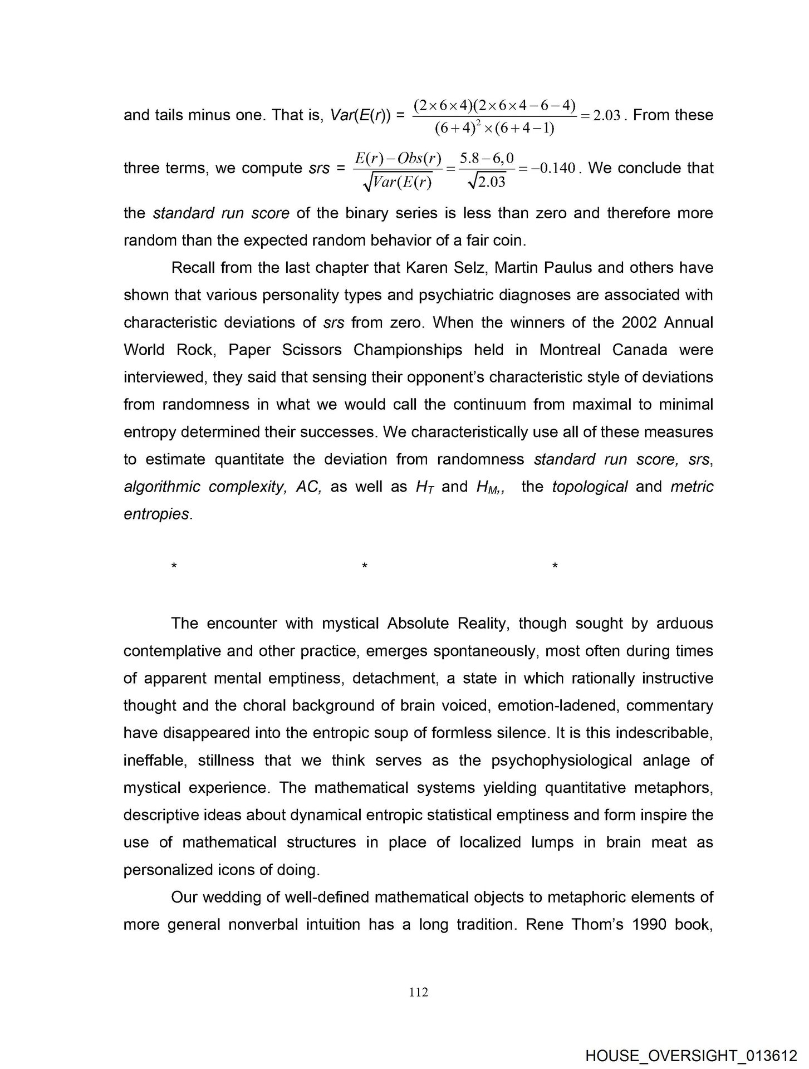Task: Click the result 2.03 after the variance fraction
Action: pyautogui.click(x=606, y=116)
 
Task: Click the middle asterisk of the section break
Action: pyautogui.click(x=364, y=567)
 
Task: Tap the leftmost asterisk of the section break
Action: pyautogui.click(x=174, y=567)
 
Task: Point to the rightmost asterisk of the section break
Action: pyautogui.click(x=555, y=567)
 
